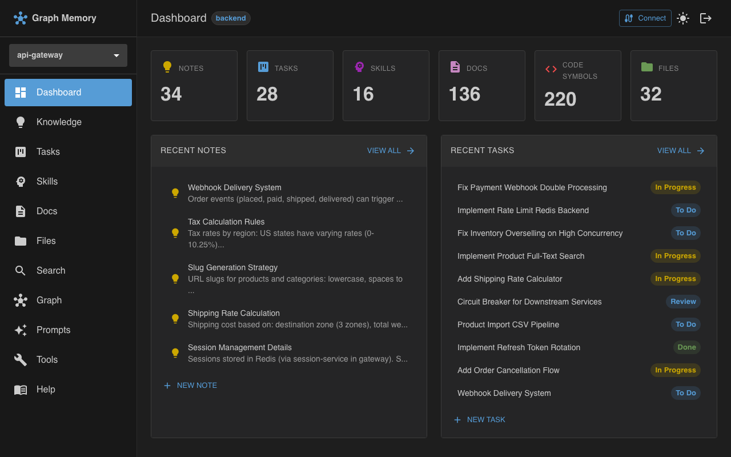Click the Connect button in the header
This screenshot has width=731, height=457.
point(645,18)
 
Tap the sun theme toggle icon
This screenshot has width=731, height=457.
point(682,18)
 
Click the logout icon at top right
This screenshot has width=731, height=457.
point(706,18)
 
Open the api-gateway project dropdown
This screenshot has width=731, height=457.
point(68,55)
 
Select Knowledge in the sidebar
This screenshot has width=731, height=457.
point(59,122)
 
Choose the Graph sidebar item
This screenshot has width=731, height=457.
point(49,300)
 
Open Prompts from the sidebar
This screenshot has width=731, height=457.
point(53,330)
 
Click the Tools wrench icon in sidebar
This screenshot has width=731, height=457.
point(21,360)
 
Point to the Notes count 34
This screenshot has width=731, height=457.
point(171,94)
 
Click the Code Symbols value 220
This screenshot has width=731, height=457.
point(560,99)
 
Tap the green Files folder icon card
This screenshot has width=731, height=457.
point(647,67)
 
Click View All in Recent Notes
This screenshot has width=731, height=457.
point(391,151)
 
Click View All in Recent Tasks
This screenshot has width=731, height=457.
point(681,151)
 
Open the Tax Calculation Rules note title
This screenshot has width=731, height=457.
point(226,222)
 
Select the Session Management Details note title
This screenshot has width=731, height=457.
point(240,347)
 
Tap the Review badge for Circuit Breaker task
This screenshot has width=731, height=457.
point(683,302)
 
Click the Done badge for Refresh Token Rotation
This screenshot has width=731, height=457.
point(686,347)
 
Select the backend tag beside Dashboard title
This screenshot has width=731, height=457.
point(231,18)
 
